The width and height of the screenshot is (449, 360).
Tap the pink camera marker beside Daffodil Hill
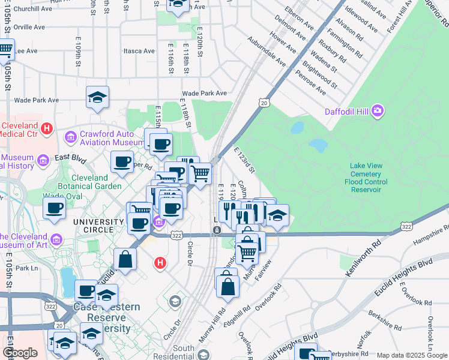point(378,110)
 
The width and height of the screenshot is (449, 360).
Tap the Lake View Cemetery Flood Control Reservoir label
point(366,178)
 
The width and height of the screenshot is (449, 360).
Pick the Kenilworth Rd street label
point(364,259)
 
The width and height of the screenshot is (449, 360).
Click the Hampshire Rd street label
point(430,235)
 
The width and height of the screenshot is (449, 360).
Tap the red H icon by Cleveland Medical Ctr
point(46,128)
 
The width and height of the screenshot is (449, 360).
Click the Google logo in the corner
point(20,353)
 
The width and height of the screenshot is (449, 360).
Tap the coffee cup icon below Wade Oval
point(54,208)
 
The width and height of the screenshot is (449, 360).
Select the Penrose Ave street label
point(310,83)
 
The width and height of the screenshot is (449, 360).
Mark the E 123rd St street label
point(244,161)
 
